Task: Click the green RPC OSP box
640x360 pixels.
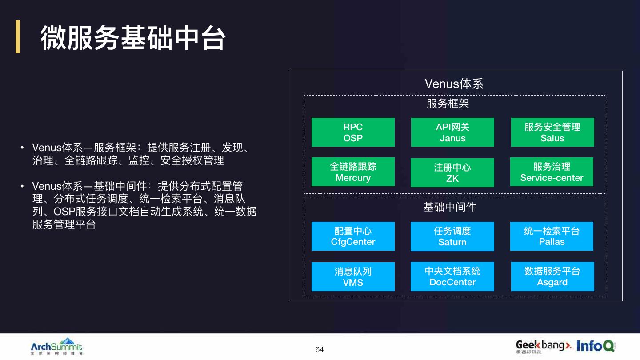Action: tap(353, 132)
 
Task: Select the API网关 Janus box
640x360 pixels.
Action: tap(452, 132)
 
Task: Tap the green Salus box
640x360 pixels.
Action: tap(552, 132)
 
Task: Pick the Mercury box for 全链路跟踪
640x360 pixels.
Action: tap(353, 172)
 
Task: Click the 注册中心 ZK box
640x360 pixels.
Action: tap(452, 172)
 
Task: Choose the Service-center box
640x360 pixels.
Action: tap(552, 172)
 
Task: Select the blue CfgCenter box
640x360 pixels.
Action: tap(353, 236)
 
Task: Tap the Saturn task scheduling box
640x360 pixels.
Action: tap(452, 236)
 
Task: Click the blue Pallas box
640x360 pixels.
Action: tap(552, 236)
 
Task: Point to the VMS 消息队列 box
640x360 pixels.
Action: tap(353, 276)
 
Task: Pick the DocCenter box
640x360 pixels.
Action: tap(452, 276)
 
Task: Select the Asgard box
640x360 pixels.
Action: tap(552, 276)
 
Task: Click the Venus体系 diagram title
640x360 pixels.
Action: tap(454, 84)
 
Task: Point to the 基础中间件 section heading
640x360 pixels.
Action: tap(450, 207)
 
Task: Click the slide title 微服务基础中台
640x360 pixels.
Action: tap(133, 37)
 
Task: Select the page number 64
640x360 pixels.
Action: tap(320, 349)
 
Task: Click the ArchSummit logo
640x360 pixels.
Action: tap(56, 347)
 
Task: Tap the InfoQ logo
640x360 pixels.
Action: tap(596, 346)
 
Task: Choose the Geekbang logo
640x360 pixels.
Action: tap(543, 346)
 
